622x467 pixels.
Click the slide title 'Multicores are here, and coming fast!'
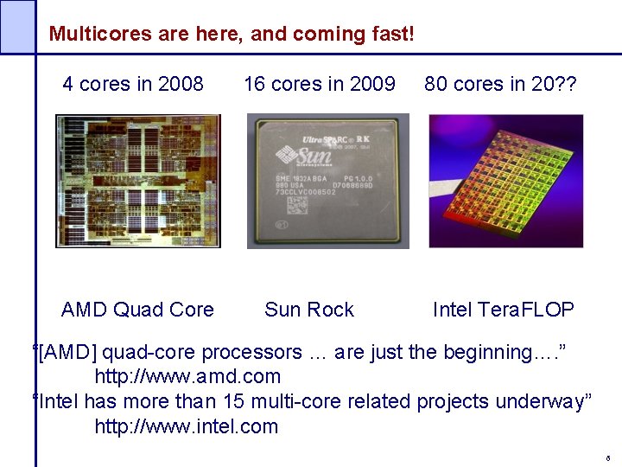point(232,35)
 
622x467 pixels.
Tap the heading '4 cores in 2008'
point(133,84)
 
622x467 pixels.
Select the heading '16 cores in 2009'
point(320,84)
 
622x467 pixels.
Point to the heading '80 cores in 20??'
point(500,84)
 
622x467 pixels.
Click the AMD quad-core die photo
point(138,181)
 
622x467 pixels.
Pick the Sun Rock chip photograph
point(327,182)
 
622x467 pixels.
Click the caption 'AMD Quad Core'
point(137,310)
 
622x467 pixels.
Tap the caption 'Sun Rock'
point(309,310)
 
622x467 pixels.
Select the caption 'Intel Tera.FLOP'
point(504,310)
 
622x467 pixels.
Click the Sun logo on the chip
point(295,159)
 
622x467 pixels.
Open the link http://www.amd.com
point(187,376)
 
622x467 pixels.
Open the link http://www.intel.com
point(186,426)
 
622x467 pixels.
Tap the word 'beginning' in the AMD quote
point(488,352)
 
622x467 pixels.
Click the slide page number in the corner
point(608,457)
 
